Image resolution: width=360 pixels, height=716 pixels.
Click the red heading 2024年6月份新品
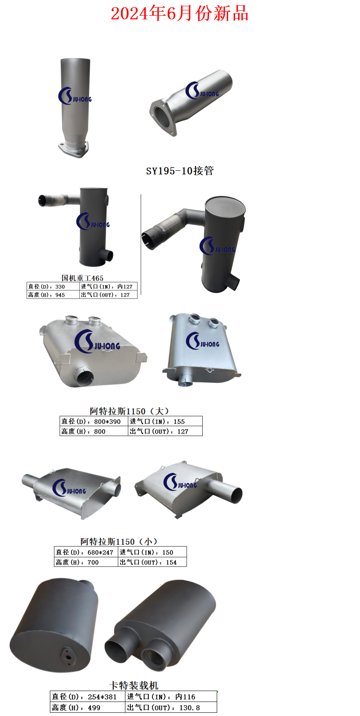coord(180,13)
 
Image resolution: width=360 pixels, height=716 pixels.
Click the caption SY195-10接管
coord(180,171)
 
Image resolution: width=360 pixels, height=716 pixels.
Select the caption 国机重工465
coord(82,278)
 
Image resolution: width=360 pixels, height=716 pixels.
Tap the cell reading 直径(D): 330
coord(53,286)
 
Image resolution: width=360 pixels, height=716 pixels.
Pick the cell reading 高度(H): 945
coord(53,295)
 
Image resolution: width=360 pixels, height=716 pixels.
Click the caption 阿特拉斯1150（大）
coord(129,411)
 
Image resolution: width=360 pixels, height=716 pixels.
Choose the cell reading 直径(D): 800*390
coord(94,421)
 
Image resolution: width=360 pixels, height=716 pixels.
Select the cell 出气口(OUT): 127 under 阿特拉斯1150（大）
coord(165,431)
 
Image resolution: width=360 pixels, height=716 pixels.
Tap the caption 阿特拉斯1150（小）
coord(119,541)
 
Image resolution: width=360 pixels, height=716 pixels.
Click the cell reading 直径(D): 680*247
coord(86,552)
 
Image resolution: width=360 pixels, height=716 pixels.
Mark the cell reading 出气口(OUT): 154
coord(152,562)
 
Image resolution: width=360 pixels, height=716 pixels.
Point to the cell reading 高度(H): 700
coord(86,562)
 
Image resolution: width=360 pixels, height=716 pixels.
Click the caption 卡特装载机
coord(134,685)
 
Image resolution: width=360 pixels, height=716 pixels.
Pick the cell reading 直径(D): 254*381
coord(87,697)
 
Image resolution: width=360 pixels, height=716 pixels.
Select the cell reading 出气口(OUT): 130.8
coord(171,707)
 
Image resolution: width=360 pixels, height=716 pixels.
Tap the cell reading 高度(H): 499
coord(87,707)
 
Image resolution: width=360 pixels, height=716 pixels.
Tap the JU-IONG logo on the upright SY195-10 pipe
coord(75,96)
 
